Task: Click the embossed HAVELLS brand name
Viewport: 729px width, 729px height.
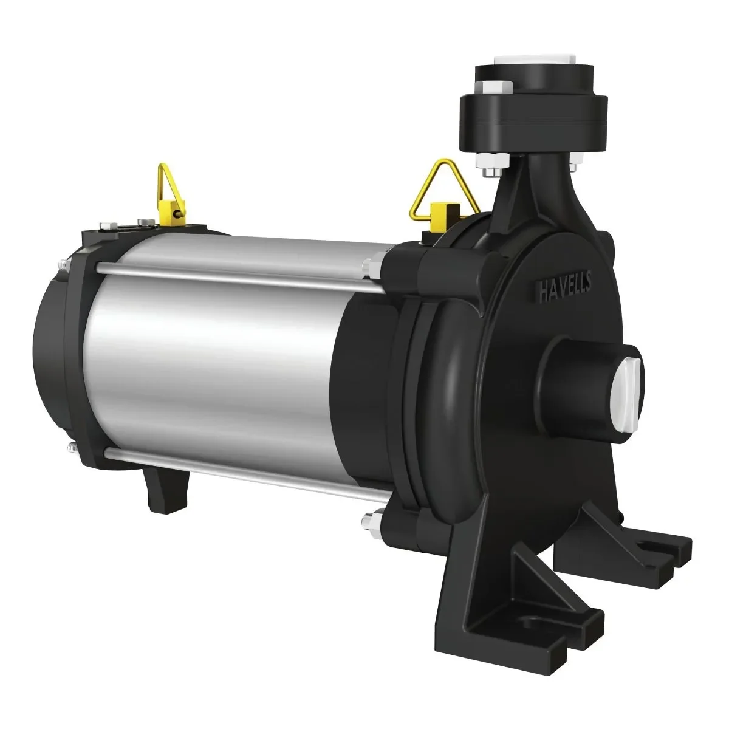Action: pos(565,287)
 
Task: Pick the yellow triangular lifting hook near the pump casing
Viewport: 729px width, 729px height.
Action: pos(443,197)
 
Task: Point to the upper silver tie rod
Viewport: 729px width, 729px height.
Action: pos(234,277)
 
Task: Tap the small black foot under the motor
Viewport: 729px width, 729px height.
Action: pos(167,490)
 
